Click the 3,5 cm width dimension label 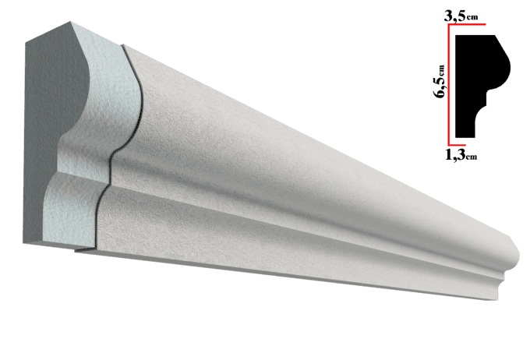[461, 16]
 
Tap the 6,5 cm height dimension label [440, 81]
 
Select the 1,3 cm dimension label [461, 155]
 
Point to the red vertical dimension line [449, 84]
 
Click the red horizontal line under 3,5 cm [467, 24]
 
